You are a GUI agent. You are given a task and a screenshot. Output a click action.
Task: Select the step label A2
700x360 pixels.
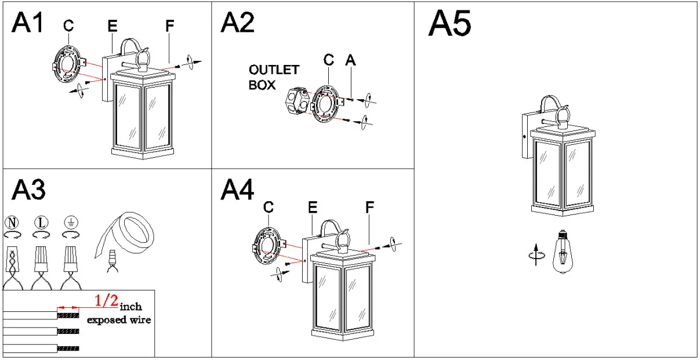click(237, 23)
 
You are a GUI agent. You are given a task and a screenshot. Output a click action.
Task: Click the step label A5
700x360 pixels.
click(449, 25)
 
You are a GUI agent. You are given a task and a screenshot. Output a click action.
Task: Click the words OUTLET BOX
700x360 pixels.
click(274, 77)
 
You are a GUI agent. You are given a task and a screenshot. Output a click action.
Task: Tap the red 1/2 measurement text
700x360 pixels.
click(106, 300)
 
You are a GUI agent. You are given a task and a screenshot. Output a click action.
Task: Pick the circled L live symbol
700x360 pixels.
click(41, 222)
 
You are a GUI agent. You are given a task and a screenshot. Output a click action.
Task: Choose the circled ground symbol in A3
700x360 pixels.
click(71, 222)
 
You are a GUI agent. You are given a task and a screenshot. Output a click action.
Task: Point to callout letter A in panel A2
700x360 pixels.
click(350, 59)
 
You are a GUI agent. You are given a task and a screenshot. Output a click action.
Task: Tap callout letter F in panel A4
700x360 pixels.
click(369, 206)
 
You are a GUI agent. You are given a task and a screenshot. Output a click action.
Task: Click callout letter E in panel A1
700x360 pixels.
click(112, 26)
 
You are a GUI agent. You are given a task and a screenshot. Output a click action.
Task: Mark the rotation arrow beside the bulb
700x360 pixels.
click(538, 253)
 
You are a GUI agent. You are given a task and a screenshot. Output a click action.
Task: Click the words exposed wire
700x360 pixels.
click(118, 320)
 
